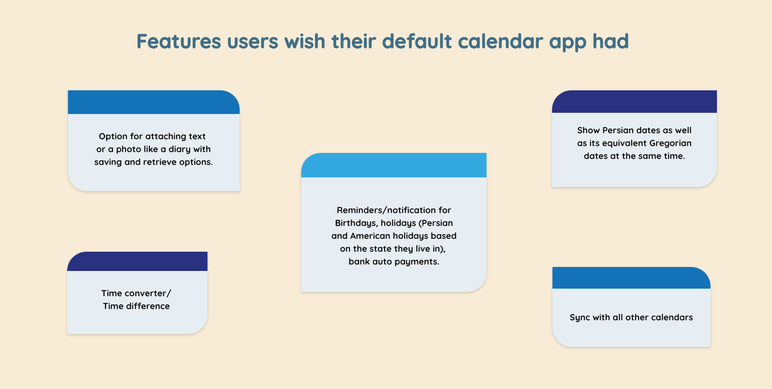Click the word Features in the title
click(179, 41)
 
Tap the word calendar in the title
click(501, 41)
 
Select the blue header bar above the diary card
click(154, 102)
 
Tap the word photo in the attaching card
click(127, 149)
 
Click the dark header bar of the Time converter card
click(137, 261)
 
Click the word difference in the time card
click(148, 306)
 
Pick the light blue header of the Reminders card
click(394, 165)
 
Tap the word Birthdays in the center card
click(357, 223)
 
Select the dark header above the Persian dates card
click(634, 102)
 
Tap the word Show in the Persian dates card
click(588, 130)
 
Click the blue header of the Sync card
click(631, 278)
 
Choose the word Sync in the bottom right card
click(579, 318)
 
